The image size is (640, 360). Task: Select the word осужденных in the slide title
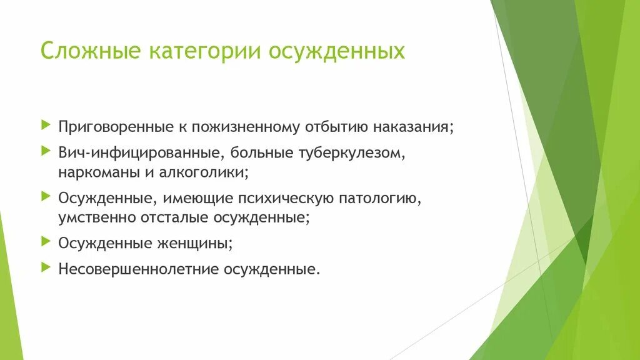pyautogui.click(x=337, y=51)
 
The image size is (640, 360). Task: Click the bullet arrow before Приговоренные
pyautogui.click(x=44, y=126)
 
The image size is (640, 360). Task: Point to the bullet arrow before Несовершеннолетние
pyautogui.click(x=44, y=267)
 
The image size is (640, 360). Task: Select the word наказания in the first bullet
pyautogui.click(x=413, y=126)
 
